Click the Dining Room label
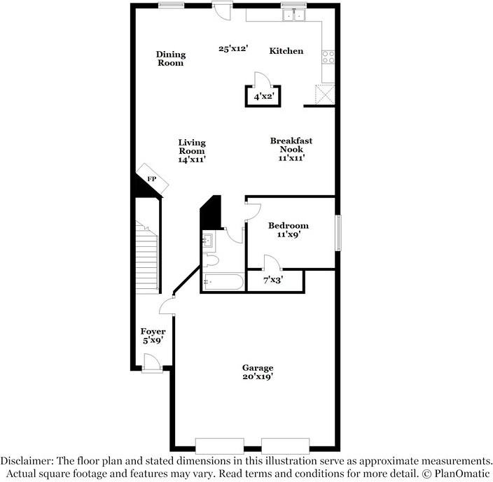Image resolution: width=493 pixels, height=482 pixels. [171, 59]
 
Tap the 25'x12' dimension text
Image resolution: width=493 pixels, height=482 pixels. [234, 49]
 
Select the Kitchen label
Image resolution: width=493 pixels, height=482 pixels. [286, 51]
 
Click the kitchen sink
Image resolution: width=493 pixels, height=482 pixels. [293, 15]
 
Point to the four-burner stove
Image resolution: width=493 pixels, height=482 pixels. [328, 57]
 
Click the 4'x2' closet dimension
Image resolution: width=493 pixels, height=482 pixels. [263, 97]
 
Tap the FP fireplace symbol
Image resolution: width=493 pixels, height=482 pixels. [152, 179]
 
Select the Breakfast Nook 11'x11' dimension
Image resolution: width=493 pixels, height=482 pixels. [291, 158]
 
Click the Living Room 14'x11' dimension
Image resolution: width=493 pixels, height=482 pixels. [192, 160]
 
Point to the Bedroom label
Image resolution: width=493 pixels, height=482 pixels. [289, 225]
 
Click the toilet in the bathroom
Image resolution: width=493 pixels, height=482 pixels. [210, 260]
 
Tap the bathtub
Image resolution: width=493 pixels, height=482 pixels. [223, 282]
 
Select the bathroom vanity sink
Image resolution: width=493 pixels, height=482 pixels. [208, 241]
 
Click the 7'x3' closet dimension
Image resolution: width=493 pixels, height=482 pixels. [274, 280]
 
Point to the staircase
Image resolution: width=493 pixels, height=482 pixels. [147, 257]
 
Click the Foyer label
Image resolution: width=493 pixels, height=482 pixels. [153, 332]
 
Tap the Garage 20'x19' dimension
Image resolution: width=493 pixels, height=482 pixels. [258, 376]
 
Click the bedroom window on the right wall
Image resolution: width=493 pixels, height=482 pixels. [338, 233]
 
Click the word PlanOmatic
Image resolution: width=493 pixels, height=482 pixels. [461, 473]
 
